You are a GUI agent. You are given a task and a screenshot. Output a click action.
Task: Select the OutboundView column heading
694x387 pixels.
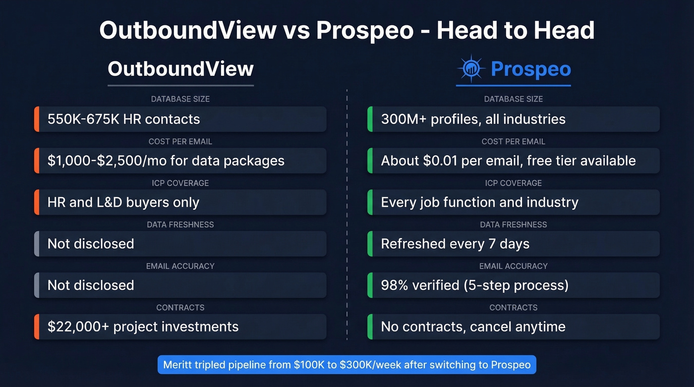pos(180,68)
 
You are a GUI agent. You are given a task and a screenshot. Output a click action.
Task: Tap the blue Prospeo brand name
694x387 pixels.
pos(530,69)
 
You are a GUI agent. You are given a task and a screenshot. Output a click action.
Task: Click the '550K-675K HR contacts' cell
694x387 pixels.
pos(180,119)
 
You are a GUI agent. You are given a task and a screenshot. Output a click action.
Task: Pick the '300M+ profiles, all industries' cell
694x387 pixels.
pos(514,119)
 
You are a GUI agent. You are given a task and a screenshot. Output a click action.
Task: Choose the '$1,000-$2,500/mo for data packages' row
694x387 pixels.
pos(180,161)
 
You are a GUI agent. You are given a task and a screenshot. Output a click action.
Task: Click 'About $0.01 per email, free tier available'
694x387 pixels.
pos(514,161)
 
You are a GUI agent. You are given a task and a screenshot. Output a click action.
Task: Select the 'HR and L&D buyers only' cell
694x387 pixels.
pos(180,202)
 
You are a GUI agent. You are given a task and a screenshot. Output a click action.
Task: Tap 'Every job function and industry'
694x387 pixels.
pos(514,202)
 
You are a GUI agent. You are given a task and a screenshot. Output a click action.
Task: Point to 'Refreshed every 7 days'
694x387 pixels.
pos(514,244)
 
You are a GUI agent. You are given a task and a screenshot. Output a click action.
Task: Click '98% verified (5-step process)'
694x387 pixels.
pos(514,285)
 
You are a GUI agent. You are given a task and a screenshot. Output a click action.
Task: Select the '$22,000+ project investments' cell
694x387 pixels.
pos(180,327)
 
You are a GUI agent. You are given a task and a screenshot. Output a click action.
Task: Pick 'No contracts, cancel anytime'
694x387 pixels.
pos(514,327)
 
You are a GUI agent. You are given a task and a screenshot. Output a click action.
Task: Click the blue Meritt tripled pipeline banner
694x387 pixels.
pos(347,365)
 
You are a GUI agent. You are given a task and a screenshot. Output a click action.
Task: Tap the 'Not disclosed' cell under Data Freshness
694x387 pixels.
pos(180,244)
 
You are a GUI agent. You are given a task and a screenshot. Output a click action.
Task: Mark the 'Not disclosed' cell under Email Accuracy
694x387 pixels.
pos(180,285)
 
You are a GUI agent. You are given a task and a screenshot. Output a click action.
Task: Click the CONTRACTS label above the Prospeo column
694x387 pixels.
pos(514,308)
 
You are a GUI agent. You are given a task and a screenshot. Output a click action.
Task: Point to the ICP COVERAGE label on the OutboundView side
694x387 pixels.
pos(180,183)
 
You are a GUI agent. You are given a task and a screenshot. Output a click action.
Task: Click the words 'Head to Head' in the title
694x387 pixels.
pos(515,30)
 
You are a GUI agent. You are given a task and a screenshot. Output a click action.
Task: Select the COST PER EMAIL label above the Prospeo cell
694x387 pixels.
pos(514,142)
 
